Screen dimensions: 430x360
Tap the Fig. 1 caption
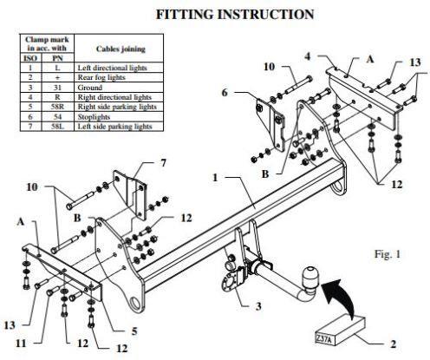pos(388,254)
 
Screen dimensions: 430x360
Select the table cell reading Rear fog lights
pos(119,77)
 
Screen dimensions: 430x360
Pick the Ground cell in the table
pos(119,88)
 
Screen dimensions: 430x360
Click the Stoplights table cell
pos(119,117)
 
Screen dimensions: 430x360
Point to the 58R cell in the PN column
pos(58,107)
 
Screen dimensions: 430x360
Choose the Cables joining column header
pos(119,49)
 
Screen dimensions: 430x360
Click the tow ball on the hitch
pos(309,276)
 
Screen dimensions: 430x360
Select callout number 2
pos(393,344)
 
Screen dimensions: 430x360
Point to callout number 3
pos(258,306)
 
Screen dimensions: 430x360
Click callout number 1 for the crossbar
pos(215,178)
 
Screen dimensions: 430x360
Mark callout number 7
pos(164,163)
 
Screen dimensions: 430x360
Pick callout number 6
pos(225,93)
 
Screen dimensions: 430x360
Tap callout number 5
pos(134,331)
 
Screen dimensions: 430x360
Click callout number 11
pos(21,344)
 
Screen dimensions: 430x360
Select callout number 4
pos(308,56)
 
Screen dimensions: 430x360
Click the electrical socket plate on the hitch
pos(231,282)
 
